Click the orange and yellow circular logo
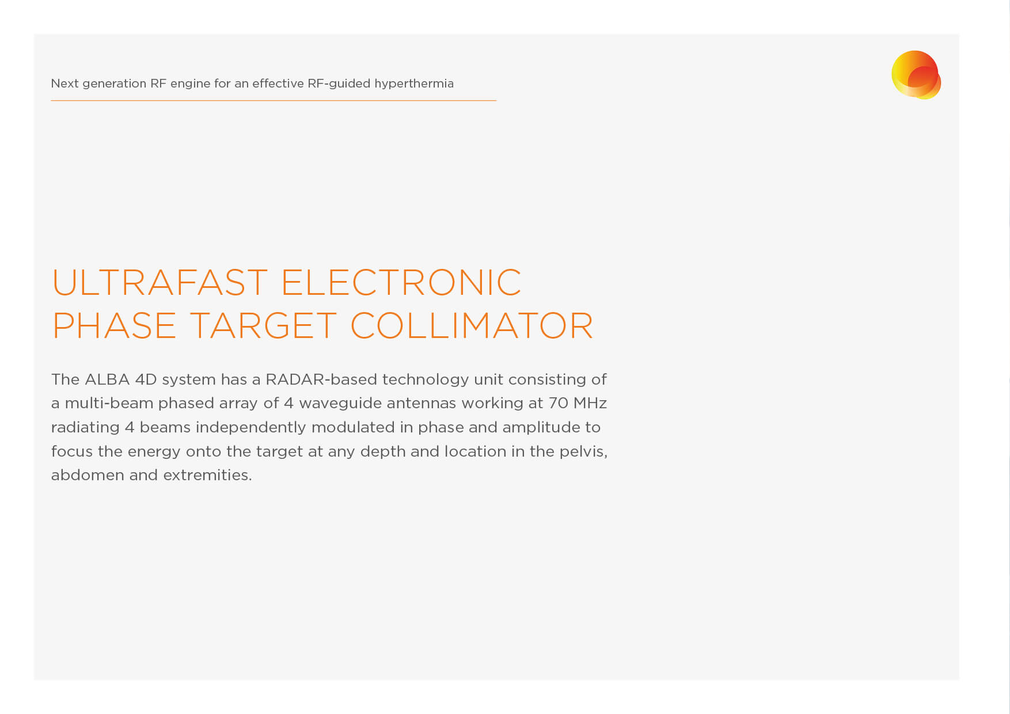tap(916, 75)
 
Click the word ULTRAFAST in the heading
tap(160, 282)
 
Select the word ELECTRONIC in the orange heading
tap(401, 282)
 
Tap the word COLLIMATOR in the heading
tap(472, 326)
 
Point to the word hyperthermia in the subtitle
tap(414, 84)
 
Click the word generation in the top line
tap(115, 84)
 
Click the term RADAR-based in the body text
tap(321, 379)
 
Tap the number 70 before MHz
tap(558, 403)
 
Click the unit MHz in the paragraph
tap(590, 403)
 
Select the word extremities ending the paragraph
tap(207, 475)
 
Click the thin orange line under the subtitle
tap(274, 101)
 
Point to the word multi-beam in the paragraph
tap(109, 403)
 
